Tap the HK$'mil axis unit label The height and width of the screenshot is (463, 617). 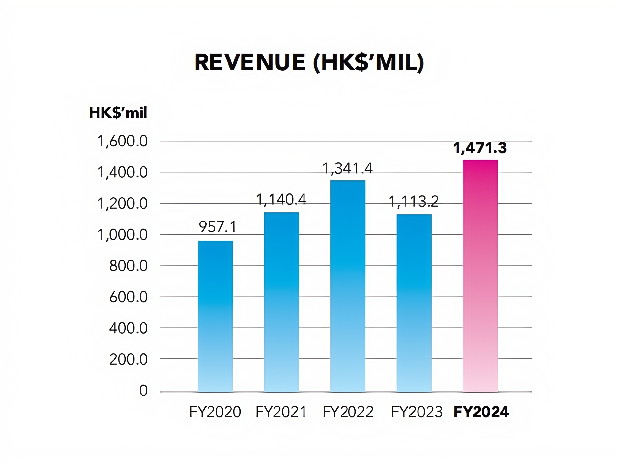(118, 113)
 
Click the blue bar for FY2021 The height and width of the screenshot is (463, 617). (281, 302)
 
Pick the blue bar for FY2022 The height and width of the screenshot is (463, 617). (348, 286)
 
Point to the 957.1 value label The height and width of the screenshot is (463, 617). (218, 227)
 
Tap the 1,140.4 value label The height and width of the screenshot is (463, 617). (281, 200)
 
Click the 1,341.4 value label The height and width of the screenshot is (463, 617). (348, 169)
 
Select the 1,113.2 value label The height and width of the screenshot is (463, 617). (414, 202)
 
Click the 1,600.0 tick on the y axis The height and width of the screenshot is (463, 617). (122, 142)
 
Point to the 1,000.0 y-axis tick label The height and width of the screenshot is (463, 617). (122, 235)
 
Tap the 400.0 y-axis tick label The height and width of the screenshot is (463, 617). (128, 328)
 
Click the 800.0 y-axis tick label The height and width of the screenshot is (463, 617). (128, 266)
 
